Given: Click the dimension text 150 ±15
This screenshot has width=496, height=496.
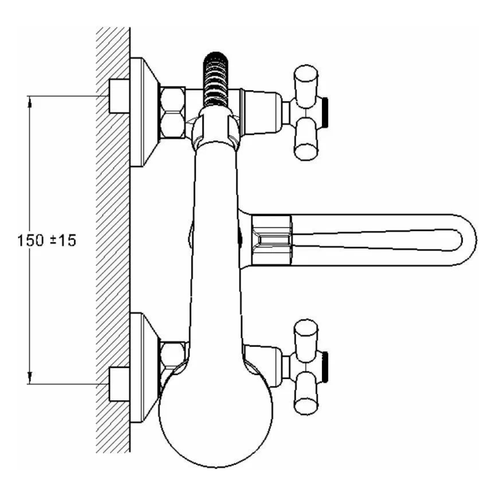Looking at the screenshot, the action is click(x=47, y=241).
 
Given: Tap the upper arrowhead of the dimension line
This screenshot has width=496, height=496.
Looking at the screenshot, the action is click(x=30, y=102).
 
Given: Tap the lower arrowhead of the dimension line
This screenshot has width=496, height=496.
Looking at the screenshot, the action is click(x=30, y=378).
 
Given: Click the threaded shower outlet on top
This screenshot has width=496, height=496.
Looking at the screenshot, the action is click(x=216, y=78).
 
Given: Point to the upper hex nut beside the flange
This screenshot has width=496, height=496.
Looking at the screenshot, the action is click(x=173, y=112).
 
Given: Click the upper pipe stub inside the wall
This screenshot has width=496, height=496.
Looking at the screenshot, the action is click(x=119, y=96).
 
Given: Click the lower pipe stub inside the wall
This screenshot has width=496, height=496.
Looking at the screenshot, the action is click(x=119, y=384).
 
